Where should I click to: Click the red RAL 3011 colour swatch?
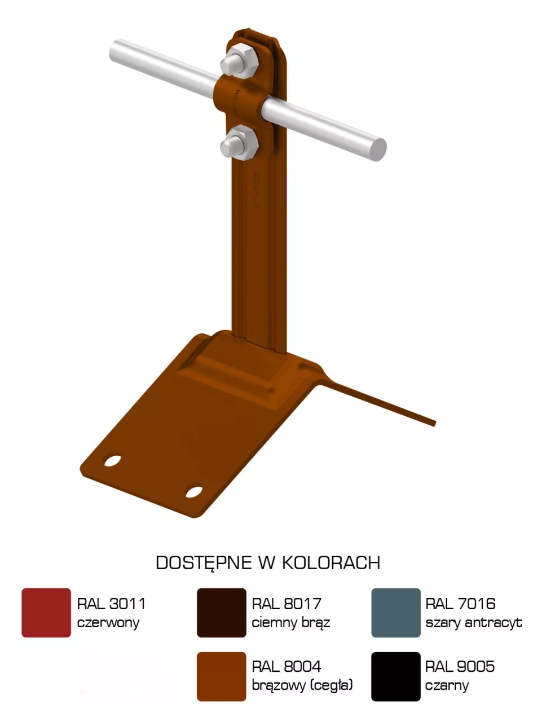pos(46,613)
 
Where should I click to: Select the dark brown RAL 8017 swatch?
pos(222,613)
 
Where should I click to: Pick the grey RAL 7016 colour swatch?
pos(396,613)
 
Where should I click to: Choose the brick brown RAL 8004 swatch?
pos(222,676)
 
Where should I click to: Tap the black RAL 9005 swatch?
pos(396,676)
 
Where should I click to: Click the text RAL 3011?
pos(111,604)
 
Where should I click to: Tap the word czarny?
pos(447,686)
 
